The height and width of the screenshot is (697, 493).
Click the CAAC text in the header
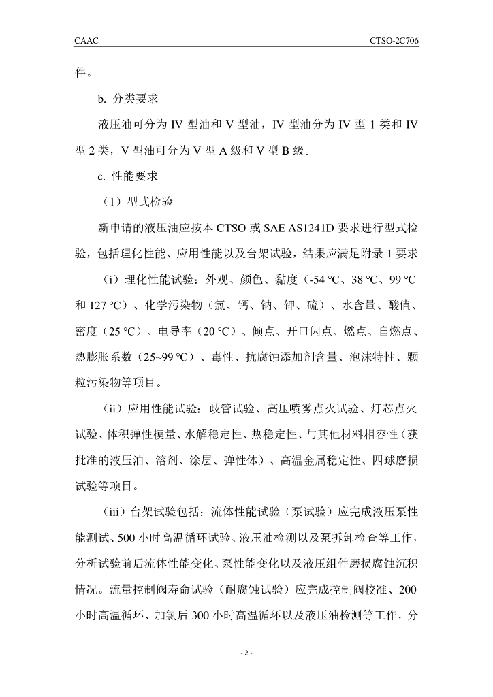[x=86, y=42]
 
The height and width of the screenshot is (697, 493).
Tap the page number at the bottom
[x=246, y=654]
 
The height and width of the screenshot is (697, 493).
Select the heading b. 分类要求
[x=129, y=100]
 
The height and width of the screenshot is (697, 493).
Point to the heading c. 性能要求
[x=129, y=176]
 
